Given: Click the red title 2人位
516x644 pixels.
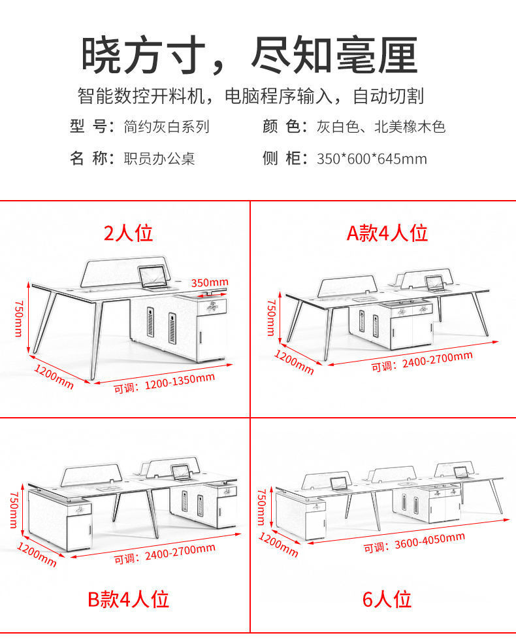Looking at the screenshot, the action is click(x=128, y=233).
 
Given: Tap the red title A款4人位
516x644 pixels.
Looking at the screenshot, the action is click(x=387, y=233).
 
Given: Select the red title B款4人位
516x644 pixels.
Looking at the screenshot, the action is click(x=128, y=599).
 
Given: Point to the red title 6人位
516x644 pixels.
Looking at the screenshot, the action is click(x=387, y=599).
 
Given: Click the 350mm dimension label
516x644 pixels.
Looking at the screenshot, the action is click(x=210, y=282).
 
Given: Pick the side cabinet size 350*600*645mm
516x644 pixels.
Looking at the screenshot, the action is click(x=372, y=159).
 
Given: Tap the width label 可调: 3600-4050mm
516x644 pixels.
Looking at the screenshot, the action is click(x=414, y=542).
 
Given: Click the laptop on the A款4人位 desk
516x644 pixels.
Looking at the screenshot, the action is click(x=434, y=283).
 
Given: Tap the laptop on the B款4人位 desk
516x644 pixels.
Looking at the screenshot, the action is click(x=179, y=472).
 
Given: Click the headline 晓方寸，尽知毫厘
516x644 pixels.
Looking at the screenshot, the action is click(x=250, y=56).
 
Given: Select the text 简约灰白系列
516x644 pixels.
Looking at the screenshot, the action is click(x=167, y=127).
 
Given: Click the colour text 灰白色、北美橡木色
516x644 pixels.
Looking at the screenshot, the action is click(x=381, y=127).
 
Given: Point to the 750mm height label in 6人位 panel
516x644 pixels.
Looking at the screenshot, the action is click(x=261, y=507).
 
